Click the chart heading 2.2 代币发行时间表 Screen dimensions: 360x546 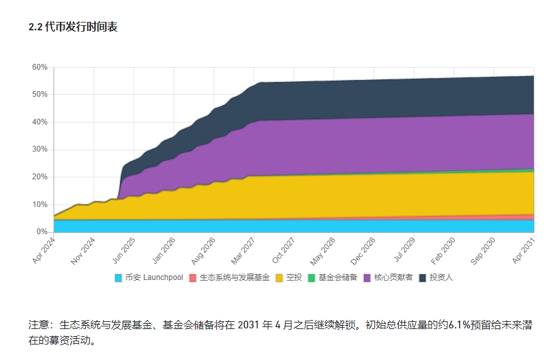click(x=73, y=27)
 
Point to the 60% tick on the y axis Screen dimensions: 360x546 click(x=39, y=67)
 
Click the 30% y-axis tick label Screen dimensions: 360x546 click(x=39, y=150)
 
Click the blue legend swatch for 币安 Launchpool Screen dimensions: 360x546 click(x=118, y=278)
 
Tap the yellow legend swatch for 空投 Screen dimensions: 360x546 click(x=280, y=278)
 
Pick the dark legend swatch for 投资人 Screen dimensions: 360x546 click(x=423, y=278)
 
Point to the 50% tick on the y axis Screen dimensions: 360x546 click(x=39, y=94)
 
